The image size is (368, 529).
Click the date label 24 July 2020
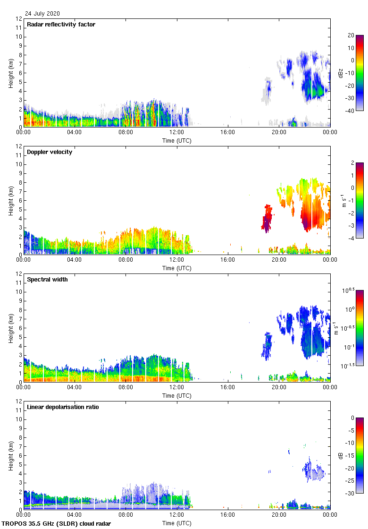[x=42, y=14]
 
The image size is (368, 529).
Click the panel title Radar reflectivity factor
[x=61, y=25]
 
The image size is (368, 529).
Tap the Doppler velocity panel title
[x=50, y=152]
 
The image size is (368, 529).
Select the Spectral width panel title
[x=47, y=280]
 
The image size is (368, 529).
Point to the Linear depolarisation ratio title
[x=63, y=407]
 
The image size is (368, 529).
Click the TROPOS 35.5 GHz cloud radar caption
[x=57, y=524]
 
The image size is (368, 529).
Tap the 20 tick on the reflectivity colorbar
[x=351, y=35]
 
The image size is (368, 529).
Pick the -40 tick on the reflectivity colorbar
[x=351, y=111]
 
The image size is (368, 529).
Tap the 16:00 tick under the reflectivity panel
[x=228, y=132]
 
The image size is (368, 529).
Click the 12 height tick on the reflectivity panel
[x=19, y=19]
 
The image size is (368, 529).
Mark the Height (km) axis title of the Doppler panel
[x=10, y=201]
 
